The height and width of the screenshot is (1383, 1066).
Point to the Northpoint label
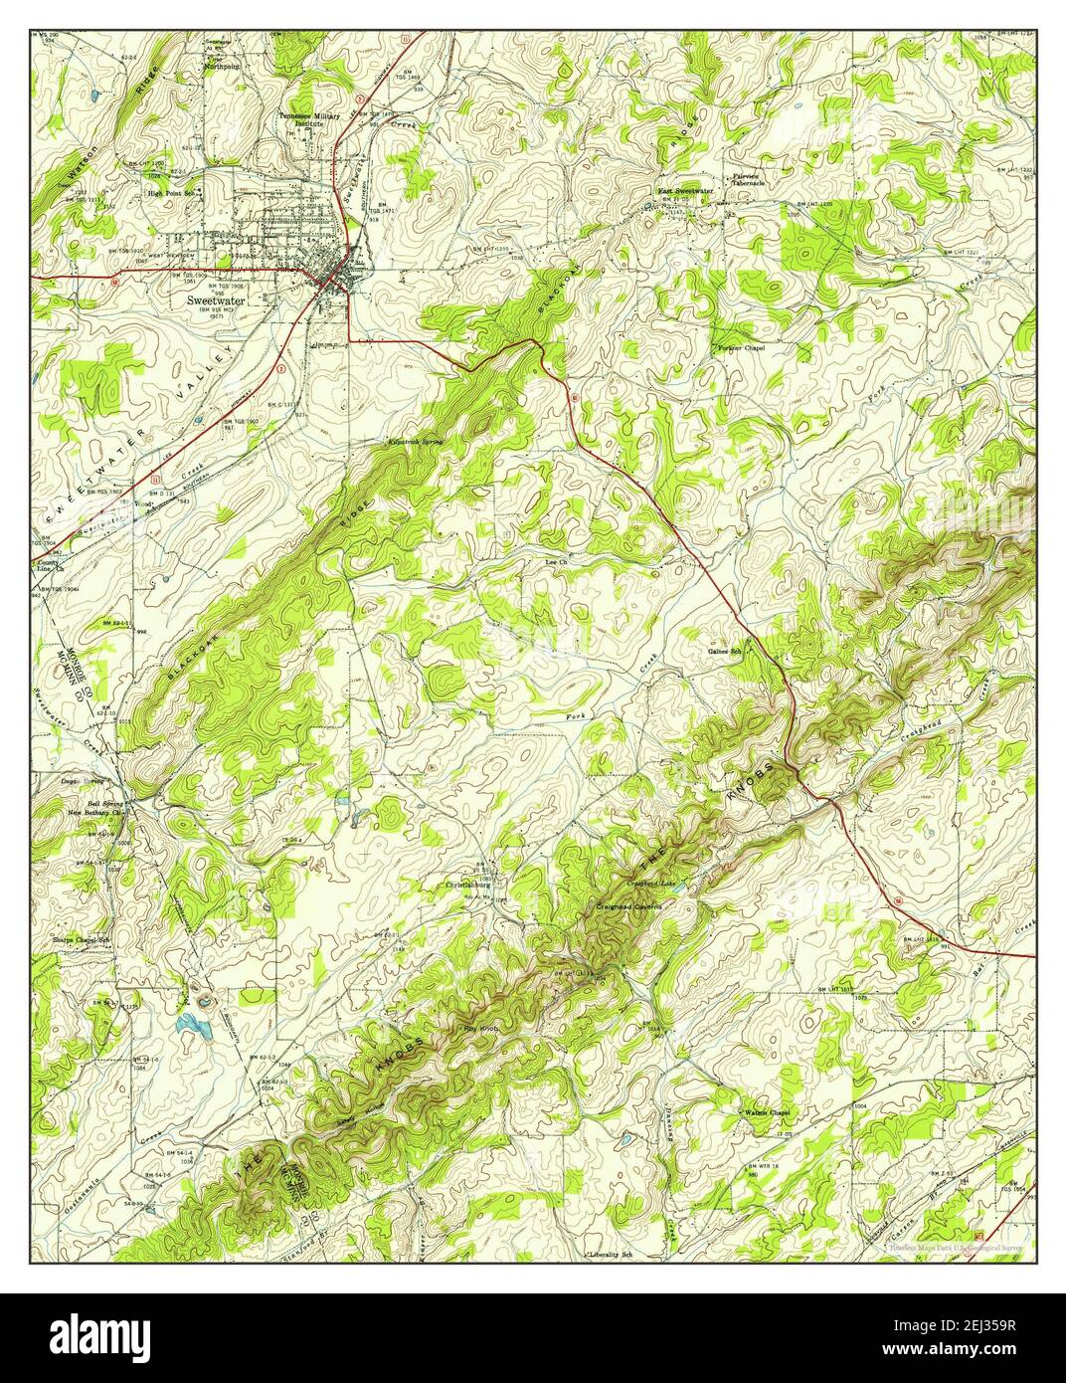point(223,68)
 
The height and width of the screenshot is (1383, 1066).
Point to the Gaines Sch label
point(725,651)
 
